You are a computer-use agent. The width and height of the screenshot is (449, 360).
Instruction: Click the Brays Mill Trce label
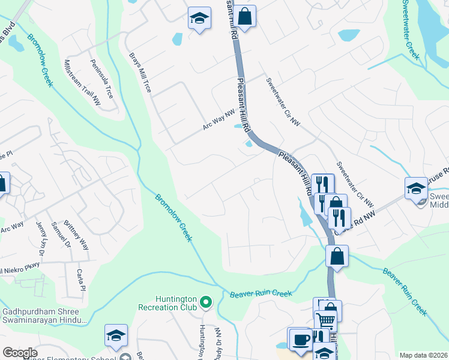click(x=140, y=73)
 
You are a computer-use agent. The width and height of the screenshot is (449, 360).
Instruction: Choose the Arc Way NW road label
click(x=218, y=119)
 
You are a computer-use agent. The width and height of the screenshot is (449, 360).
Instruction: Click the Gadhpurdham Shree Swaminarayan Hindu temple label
click(x=44, y=316)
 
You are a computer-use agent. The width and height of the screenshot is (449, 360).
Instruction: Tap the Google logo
click(x=20, y=353)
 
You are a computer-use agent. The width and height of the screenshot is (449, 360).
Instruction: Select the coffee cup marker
click(x=300, y=339)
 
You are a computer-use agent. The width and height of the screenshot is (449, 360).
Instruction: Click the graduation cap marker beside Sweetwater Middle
click(x=416, y=188)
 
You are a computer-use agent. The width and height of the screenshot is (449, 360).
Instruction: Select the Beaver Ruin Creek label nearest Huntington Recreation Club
click(x=261, y=294)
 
